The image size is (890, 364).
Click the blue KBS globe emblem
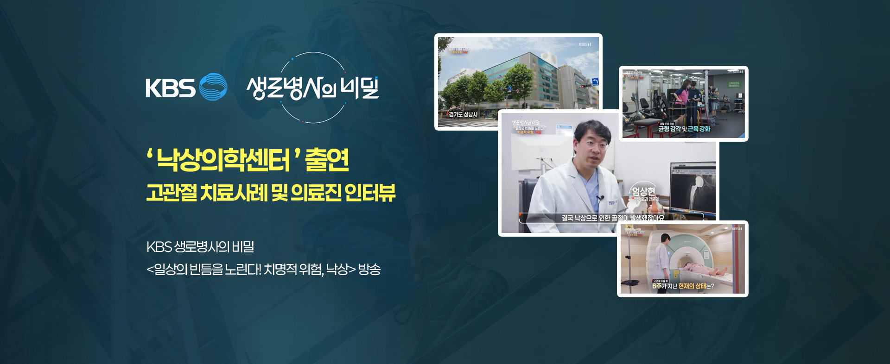[x=213, y=87]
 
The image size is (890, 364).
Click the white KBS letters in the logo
[x=170, y=88]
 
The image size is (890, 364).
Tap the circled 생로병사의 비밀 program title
[x=313, y=88]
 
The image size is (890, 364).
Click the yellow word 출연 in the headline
[x=327, y=160]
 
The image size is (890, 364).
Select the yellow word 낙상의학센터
[x=223, y=160]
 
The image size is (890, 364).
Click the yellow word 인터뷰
[x=370, y=193]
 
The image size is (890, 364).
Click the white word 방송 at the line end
[x=369, y=269]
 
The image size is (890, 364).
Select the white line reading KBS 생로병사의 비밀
[x=200, y=247]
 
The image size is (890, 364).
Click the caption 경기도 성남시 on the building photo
[x=463, y=114]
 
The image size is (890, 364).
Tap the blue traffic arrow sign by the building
[x=595, y=82]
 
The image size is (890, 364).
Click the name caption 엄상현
[x=643, y=191]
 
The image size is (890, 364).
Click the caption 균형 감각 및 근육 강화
[x=684, y=129]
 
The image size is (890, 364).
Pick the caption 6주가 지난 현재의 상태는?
[x=683, y=286]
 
